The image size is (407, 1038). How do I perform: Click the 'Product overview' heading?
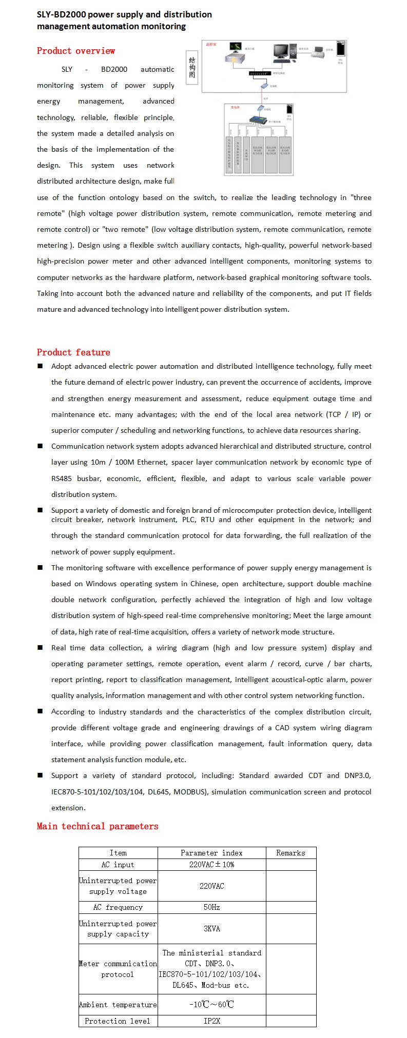click(76, 51)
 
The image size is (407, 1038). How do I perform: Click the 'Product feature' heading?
click(73, 352)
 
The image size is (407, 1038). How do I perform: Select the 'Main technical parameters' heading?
click(98, 826)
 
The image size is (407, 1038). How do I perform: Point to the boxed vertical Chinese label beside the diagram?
click(192, 67)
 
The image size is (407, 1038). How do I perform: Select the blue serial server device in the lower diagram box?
click(257, 120)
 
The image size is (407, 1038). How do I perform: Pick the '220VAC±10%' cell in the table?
click(211, 865)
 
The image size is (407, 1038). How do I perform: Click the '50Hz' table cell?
click(211, 907)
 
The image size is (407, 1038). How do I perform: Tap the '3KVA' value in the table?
click(211, 929)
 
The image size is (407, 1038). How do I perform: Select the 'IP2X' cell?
click(211, 1021)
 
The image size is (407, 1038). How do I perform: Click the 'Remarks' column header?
click(290, 853)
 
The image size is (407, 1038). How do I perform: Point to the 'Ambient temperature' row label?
click(118, 1005)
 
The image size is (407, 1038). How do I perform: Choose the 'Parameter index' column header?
click(211, 853)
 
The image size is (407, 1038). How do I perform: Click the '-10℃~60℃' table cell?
click(211, 1004)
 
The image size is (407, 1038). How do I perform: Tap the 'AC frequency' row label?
click(118, 907)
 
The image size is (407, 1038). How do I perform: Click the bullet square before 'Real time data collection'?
click(40, 648)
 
